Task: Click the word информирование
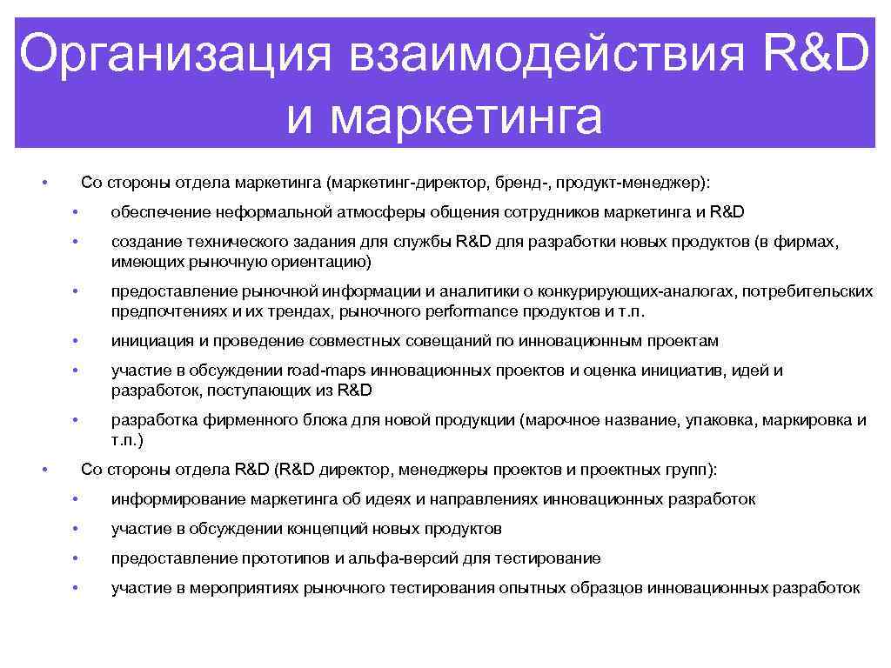(178, 499)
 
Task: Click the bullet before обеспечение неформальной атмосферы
(77, 213)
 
